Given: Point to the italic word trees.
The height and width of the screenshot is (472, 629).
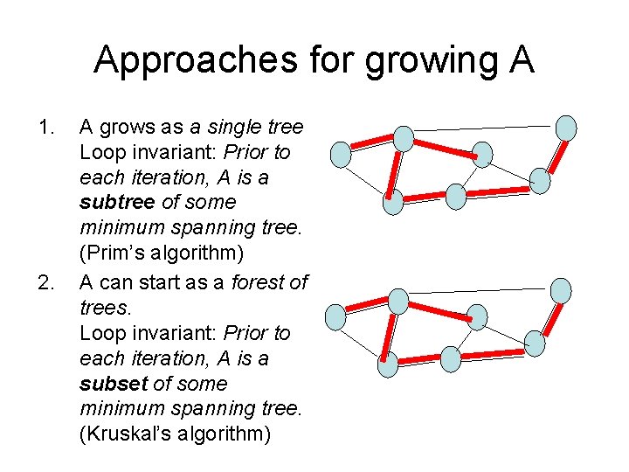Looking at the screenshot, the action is click(103, 309).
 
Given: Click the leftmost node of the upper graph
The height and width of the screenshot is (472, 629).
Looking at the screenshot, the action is click(341, 155).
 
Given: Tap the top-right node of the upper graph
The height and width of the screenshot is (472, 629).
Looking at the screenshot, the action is click(566, 127).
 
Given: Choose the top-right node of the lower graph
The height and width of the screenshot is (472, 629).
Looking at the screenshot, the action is click(562, 290).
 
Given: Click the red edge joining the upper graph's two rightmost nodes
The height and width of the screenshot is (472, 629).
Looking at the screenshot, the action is click(553, 154).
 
